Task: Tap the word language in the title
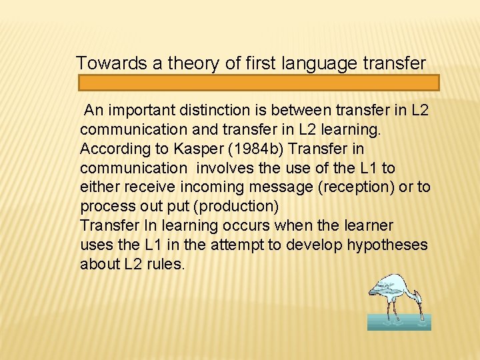click(x=323, y=63)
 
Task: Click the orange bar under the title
click(x=259, y=83)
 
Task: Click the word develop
click(x=311, y=245)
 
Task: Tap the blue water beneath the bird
click(x=399, y=323)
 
